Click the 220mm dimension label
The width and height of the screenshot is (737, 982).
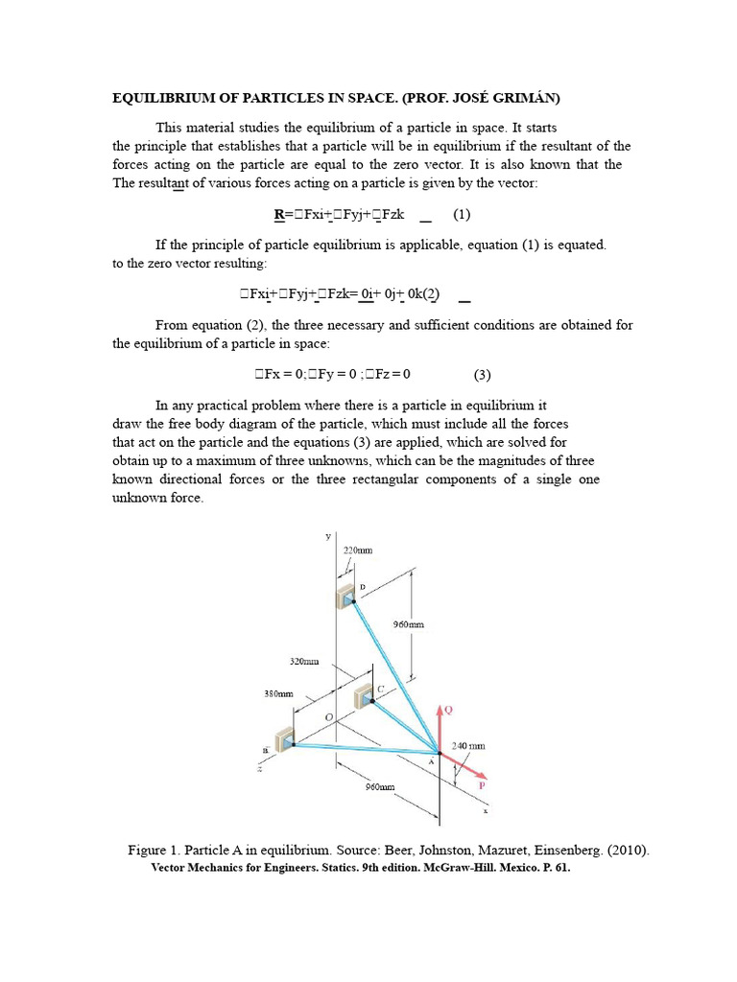click(x=357, y=550)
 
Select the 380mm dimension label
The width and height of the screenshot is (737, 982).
click(x=278, y=693)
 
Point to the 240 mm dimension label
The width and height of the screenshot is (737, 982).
click(x=468, y=745)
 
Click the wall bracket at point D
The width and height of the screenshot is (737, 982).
click(x=346, y=596)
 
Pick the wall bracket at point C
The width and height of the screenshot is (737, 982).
click(x=364, y=694)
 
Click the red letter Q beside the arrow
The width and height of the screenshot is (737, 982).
click(x=448, y=711)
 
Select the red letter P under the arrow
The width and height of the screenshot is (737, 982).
click(x=482, y=784)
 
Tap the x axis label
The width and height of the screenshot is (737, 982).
click(x=486, y=810)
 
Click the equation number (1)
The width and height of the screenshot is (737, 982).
click(x=463, y=215)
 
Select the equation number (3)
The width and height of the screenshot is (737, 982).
click(x=482, y=374)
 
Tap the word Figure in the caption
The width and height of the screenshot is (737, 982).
click(x=148, y=850)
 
